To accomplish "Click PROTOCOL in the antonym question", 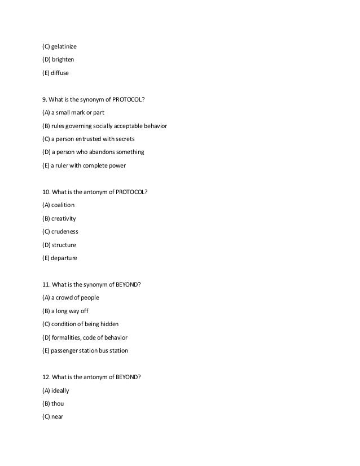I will click(131, 192).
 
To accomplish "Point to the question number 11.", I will click(46, 284).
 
